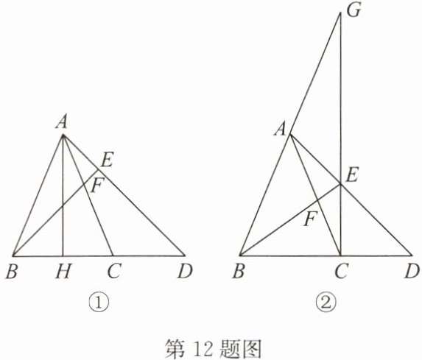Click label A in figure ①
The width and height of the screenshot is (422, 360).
62,123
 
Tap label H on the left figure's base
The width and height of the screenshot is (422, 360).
63,271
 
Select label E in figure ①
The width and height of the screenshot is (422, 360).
107,160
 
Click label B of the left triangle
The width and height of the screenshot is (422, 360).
12,271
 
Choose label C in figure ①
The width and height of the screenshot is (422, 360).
113,271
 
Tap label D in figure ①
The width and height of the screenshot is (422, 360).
185,271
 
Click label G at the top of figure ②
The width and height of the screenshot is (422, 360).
354,11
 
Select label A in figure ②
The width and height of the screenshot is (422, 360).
280,130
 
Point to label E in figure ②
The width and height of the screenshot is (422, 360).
352,176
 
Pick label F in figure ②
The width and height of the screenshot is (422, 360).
311,219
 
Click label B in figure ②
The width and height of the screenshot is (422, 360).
239,271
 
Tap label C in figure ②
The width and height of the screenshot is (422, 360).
342,271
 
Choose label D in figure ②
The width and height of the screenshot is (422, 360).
412,271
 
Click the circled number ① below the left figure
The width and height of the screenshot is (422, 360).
99,303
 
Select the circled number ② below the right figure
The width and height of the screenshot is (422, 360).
326,303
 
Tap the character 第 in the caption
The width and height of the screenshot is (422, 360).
175,348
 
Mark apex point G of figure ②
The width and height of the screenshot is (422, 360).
340,13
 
